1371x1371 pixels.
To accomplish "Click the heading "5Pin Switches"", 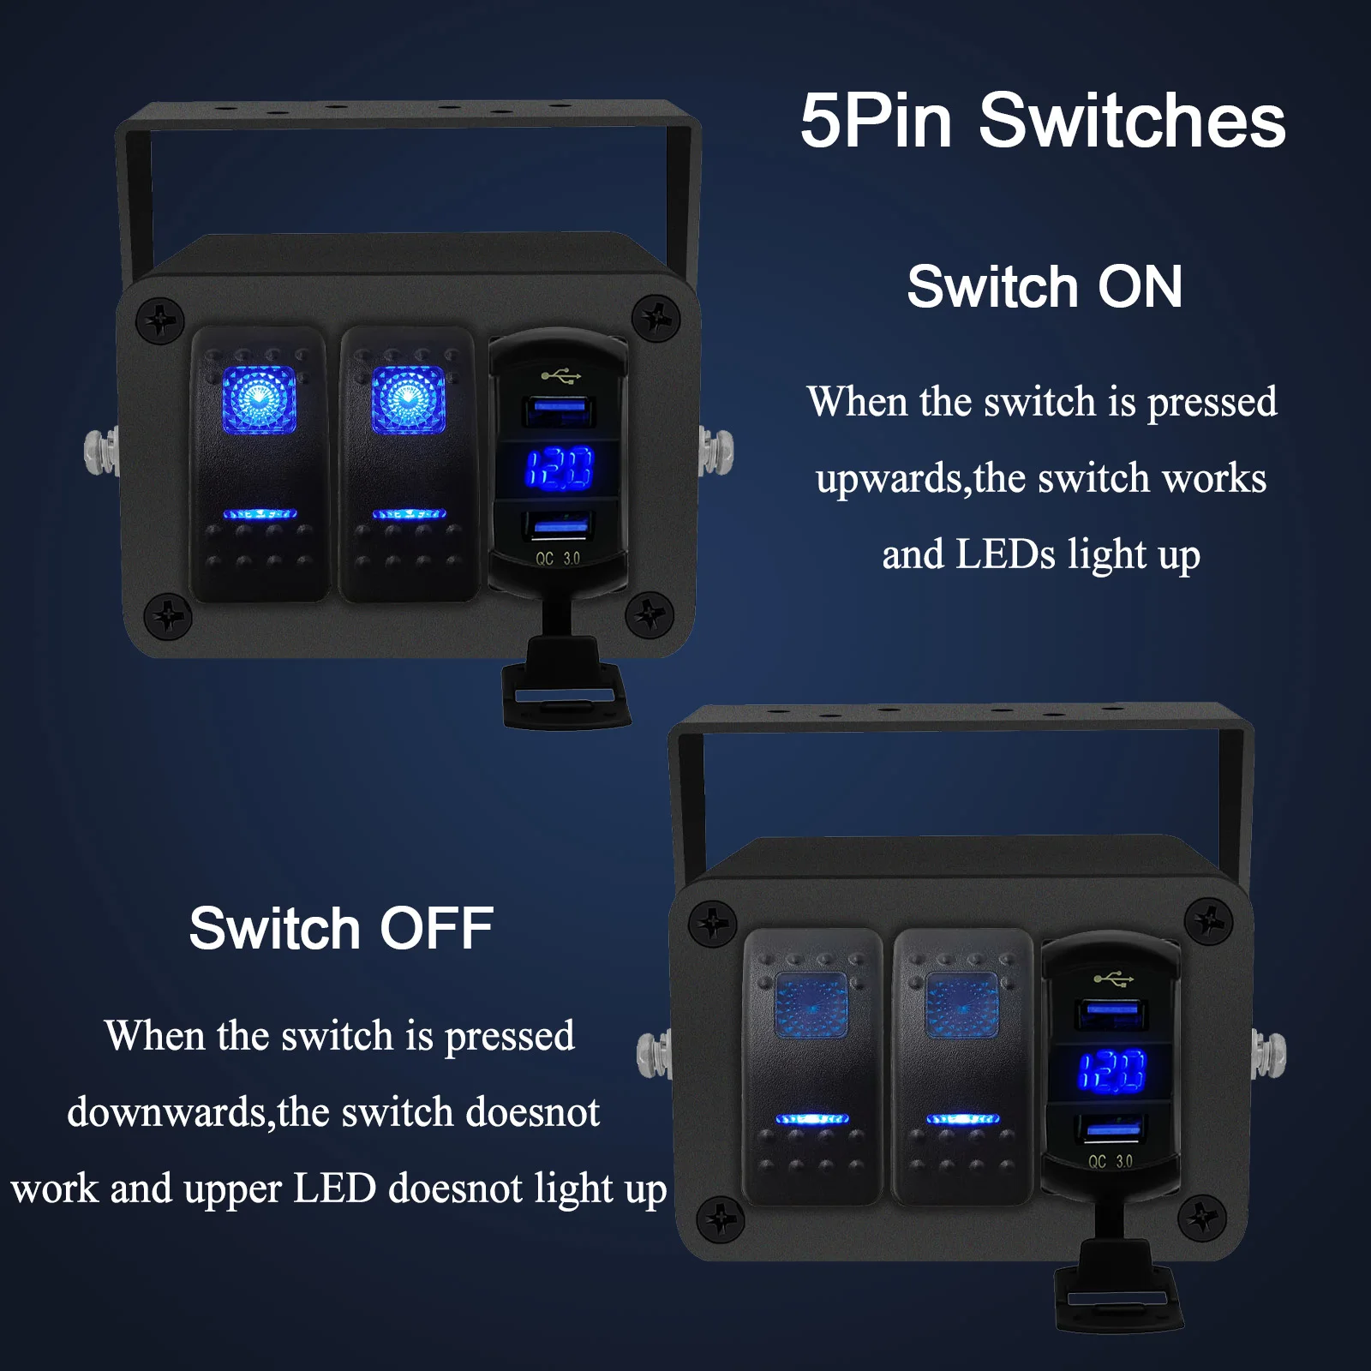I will pyautogui.click(x=1043, y=121).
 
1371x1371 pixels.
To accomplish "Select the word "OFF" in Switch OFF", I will pyautogui.click(x=436, y=928).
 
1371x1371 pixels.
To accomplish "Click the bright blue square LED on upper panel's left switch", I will pyautogui.click(x=259, y=400).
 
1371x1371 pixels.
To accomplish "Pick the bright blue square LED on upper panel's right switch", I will pyautogui.click(x=408, y=400).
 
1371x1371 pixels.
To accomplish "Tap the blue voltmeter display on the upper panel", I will pyautogui.click(x=559, y=469).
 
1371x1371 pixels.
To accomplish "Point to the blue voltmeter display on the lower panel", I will pyautogui.click(x=1111, y=1071).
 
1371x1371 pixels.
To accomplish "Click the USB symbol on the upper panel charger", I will pyautogui.click(x=561, y=375).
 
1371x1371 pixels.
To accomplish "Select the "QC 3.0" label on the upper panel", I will pyautogui.click(x=558, y=559).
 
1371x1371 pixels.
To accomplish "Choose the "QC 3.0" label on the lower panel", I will pyautogui.click(x=1111, y=1162).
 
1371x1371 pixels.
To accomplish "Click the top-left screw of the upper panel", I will pyautogui.click(x=160, y=321).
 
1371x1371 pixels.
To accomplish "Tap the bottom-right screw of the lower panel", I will pyautogui.click(x=1201, y=1217).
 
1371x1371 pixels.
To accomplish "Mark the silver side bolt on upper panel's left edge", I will pyautogui.click(x=102, y=453).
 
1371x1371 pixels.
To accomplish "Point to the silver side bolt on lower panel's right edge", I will pyautogui.click(x=1269, y=1054).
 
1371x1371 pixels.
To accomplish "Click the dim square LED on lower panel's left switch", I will pyautogui.click(x=811, y=1005).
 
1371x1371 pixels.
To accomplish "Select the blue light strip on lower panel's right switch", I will pyautogui.click(x=962, y=1118).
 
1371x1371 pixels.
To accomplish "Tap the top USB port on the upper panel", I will pyautogui.click(x=560, y=411).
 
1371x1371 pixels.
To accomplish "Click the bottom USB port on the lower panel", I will pyautogui.click(x=1112, y=1128).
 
